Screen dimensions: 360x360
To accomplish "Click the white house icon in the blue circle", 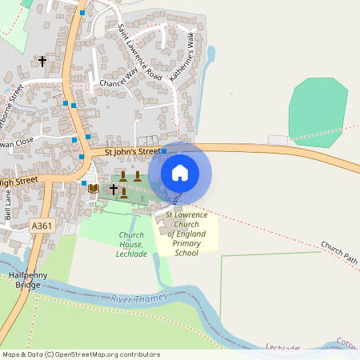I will tap(180, 173).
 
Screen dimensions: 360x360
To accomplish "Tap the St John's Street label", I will tap(133, 151).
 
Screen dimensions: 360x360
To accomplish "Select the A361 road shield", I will tap(42, 226).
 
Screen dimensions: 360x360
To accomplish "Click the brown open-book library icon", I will tap(93, 189).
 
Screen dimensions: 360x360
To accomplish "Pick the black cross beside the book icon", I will tap(114, 190).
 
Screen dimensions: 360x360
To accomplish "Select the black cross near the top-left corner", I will tap(42, 61).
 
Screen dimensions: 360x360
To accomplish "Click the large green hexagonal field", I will tap(318, 112).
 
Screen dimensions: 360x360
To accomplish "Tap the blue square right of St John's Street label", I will tap(164, 150).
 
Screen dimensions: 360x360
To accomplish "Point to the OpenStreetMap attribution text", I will tap(80, 354).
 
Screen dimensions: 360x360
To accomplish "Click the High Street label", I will tap(19, 183).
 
